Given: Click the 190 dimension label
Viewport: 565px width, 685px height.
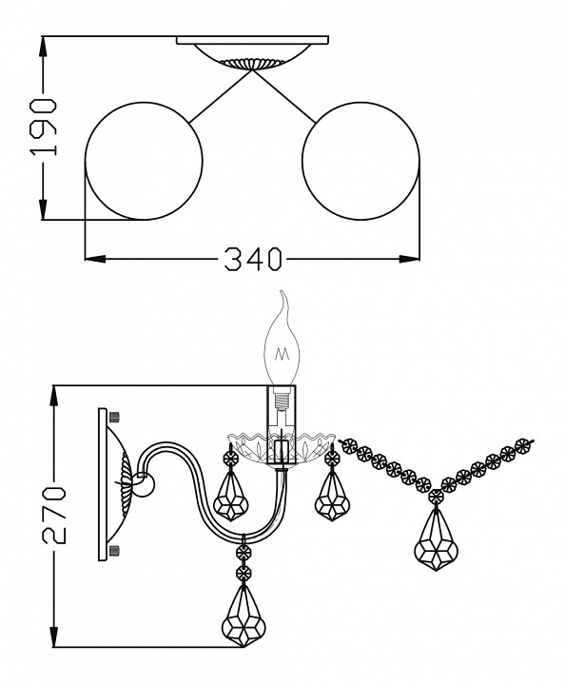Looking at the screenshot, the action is pyautogui.click(x=43, y=127).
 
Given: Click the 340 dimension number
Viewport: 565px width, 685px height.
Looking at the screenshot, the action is pyautogui.click(x=253, y=259).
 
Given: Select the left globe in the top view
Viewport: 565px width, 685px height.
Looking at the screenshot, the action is pyautogui.click(x=144, y=161).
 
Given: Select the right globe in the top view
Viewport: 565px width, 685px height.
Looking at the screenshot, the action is pyautogui.click(x=360, y=161).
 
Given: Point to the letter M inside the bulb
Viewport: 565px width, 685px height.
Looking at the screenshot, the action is pyautogui.click(x=282, y=353).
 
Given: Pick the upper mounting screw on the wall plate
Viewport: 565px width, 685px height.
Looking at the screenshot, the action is pyautogui.click(x=115, y=417).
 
